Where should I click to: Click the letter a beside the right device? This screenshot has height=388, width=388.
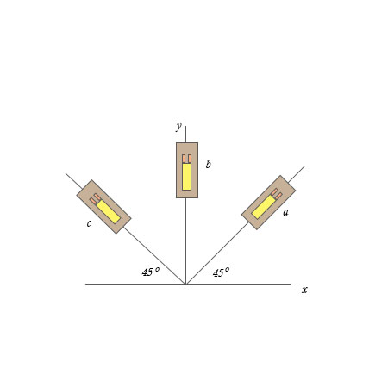coord(285,212)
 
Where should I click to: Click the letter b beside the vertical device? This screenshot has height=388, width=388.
coord(208,164)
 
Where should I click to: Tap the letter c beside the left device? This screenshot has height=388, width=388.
coord(89,224)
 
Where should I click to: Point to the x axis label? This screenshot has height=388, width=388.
coord(304,290)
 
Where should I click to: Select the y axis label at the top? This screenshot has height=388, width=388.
coord(178,126)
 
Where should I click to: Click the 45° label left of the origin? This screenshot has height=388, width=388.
coord(151,272)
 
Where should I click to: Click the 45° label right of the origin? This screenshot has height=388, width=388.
coord(222,272)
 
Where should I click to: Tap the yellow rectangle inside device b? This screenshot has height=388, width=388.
coord(186,176)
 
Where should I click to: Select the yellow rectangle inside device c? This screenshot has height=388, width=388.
coord(108,211)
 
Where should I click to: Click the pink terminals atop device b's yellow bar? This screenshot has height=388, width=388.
coord(186,159)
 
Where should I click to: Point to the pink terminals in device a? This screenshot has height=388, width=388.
coord(276,194)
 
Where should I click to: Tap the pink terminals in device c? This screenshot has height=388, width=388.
coord(95,198)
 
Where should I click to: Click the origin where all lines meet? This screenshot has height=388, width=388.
coord(185,284)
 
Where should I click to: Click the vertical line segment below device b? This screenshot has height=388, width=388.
coord(185,241)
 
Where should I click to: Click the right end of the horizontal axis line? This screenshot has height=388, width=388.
coord(289,284)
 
